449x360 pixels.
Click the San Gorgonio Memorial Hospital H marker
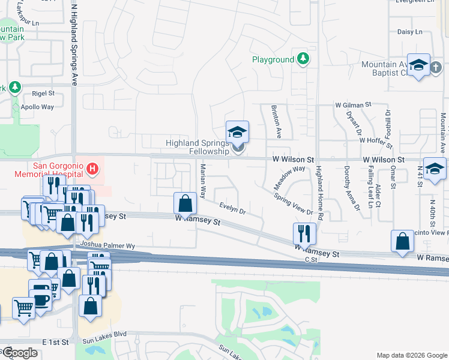[x=92, y=169]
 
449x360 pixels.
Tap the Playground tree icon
[x=304, y=59]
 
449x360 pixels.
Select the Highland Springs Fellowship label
[x=197, y=147]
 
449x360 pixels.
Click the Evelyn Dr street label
[x=232, y=209]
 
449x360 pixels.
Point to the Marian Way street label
[x=203, y=182]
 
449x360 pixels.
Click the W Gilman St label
[x=355, y=106]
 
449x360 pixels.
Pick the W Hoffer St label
[x=376, y=142]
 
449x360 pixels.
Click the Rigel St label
[x=43, y=94]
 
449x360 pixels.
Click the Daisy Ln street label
[x=410, y=32]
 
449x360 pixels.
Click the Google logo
[x=20, y=353]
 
